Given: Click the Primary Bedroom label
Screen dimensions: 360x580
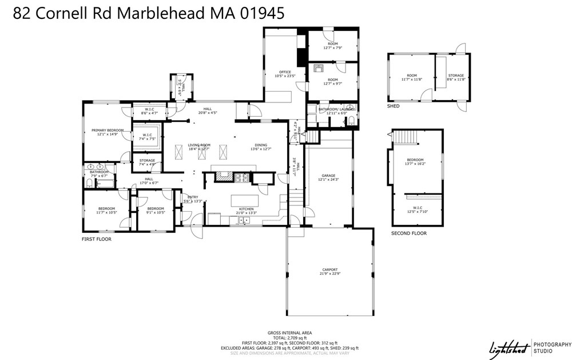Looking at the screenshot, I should pos(108,130).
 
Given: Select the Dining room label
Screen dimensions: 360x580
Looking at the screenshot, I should pos(261,145).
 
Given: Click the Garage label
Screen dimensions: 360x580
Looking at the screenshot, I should pos(328,176).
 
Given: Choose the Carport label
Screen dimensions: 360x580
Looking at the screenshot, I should pos(329,270).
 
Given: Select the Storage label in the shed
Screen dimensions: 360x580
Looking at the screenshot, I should pos(456,76).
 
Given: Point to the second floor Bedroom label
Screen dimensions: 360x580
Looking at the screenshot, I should pos(415,160).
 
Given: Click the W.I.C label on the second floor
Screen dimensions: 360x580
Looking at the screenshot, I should pos(417,208).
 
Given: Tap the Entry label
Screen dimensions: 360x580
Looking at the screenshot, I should pos(193,197).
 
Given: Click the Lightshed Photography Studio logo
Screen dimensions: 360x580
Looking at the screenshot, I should pos(530,347).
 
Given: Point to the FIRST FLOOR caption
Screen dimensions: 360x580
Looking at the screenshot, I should pos(97,239).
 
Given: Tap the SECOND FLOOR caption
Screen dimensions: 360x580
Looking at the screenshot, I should pos(408,234).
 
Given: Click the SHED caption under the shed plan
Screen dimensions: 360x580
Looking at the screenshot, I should pos(393,106).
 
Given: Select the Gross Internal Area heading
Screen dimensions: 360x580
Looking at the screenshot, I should pos(289,333).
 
